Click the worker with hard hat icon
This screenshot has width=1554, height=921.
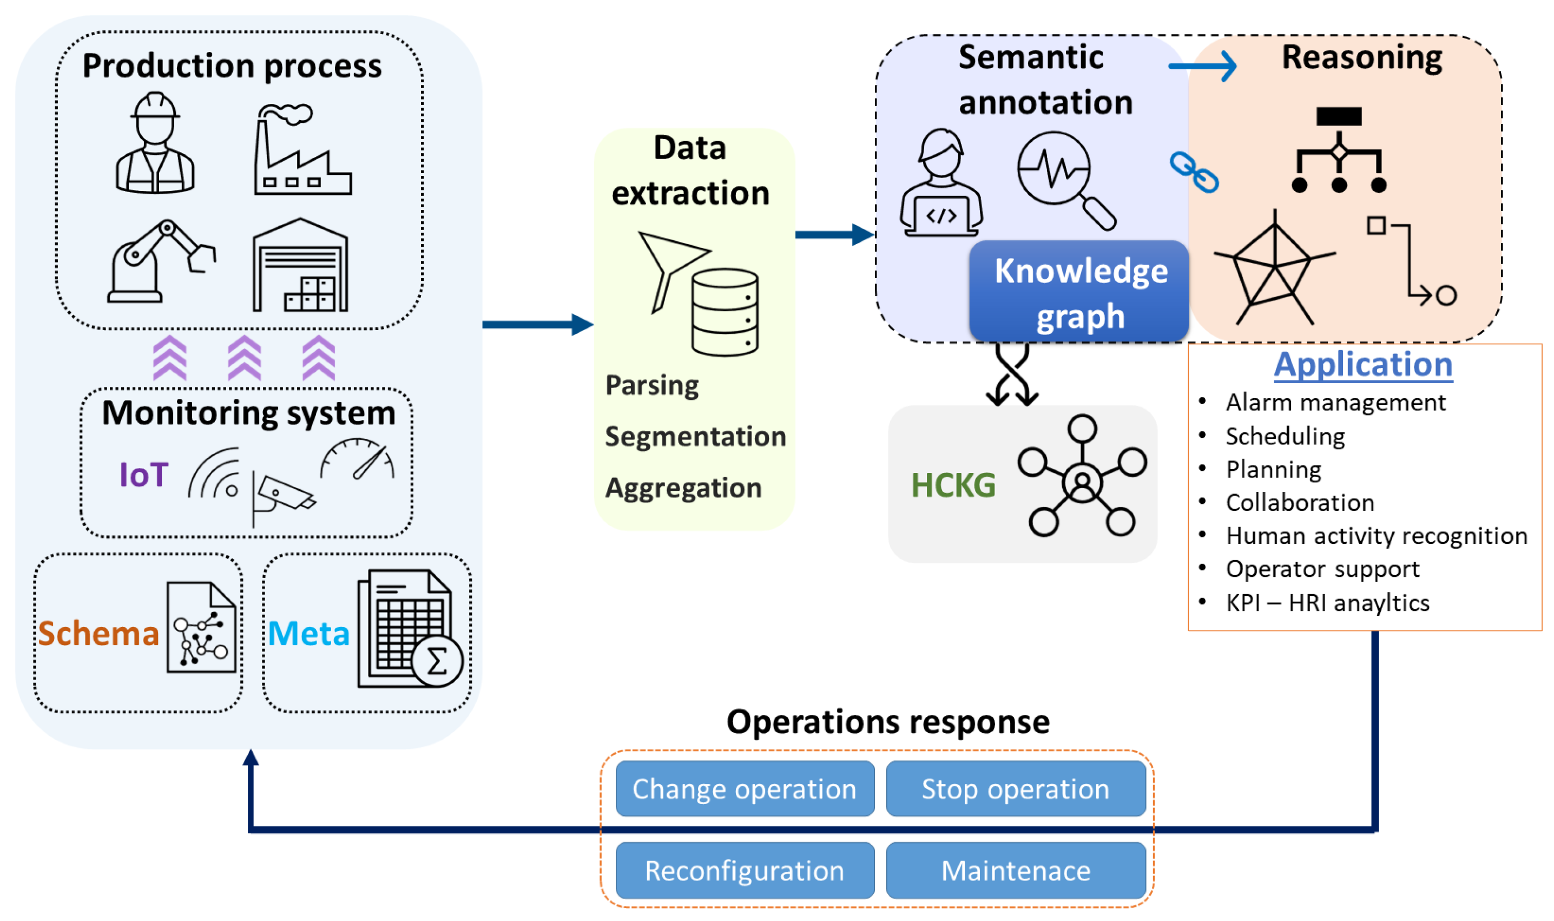coord(155,144)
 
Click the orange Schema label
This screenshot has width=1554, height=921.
coord(98,634)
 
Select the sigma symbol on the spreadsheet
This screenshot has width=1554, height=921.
coord(437,662)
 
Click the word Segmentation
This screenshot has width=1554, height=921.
coord(695,437)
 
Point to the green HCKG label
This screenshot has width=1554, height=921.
coord(953,485)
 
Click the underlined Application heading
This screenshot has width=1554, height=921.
coord(1363,365)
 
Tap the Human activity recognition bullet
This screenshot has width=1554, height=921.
coord(1375,536)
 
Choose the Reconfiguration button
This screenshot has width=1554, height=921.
coord(744,871)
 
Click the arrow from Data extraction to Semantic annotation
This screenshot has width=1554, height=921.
coord(834,235)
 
